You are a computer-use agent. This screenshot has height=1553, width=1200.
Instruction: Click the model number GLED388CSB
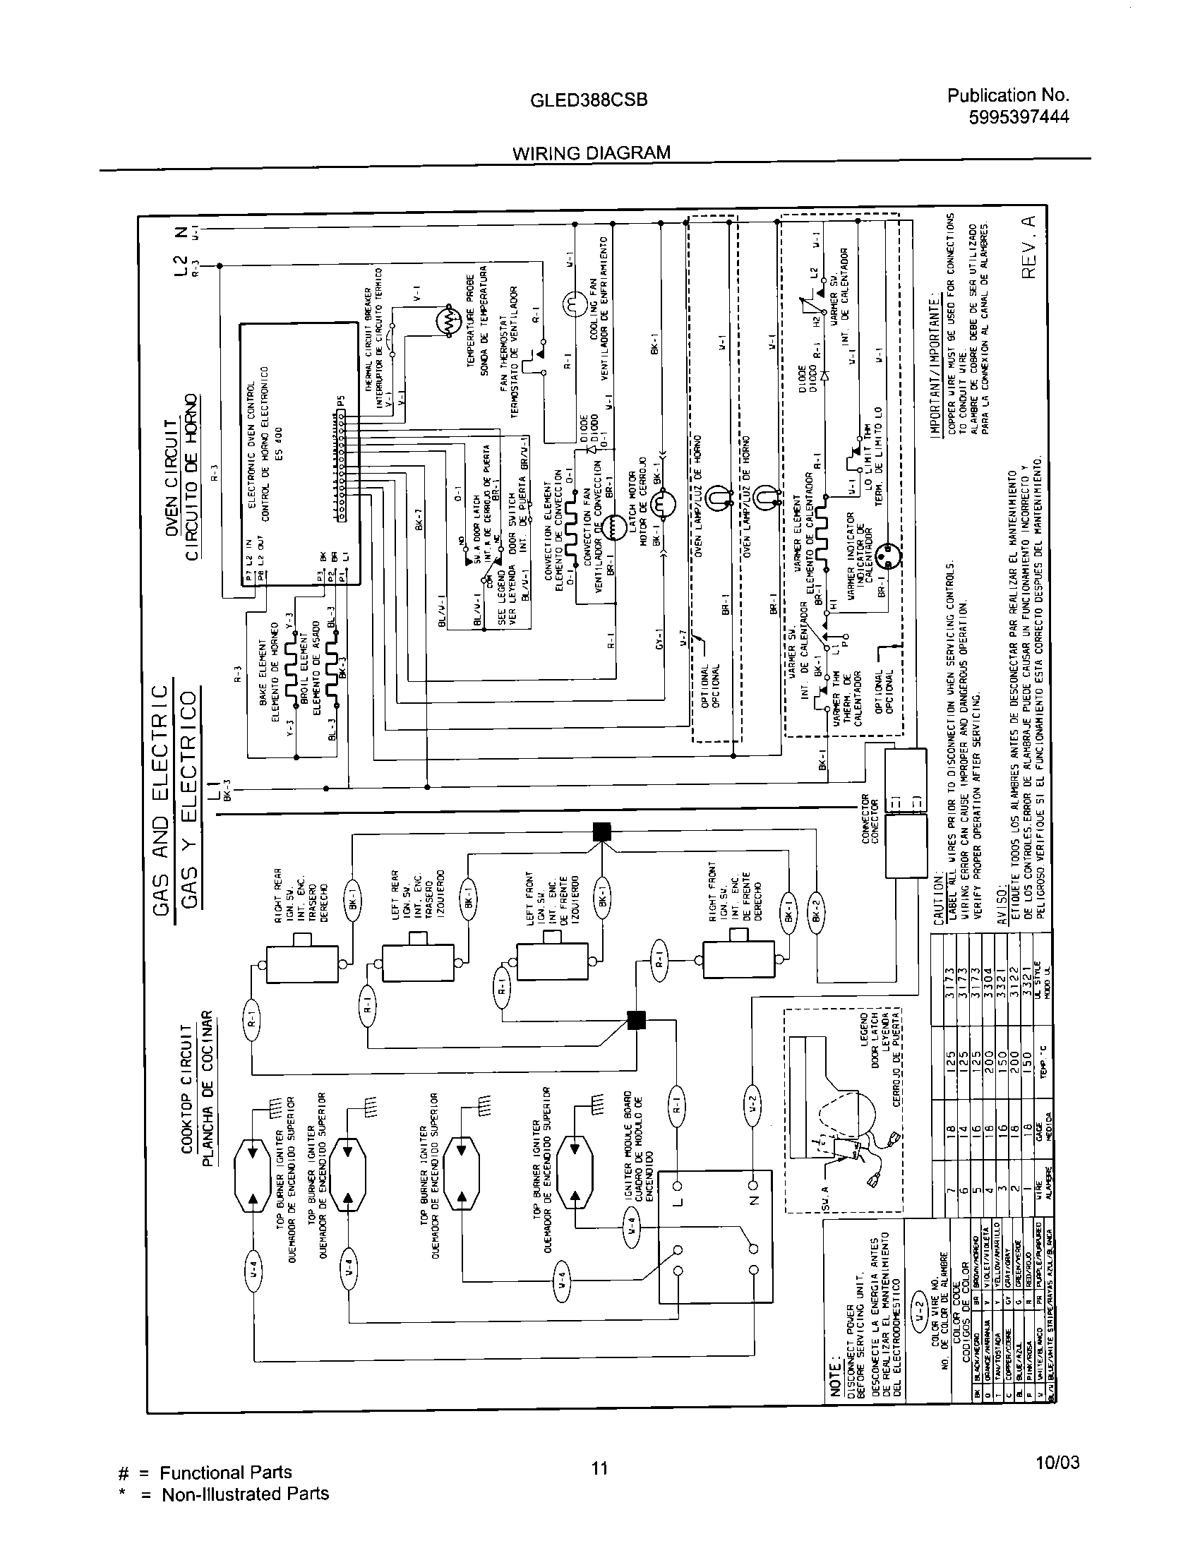[x=589, y=101]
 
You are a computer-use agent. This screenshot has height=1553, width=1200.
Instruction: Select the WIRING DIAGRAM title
[x=592, y=153]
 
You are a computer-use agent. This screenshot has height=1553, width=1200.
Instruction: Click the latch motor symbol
[x=660, y=505]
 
